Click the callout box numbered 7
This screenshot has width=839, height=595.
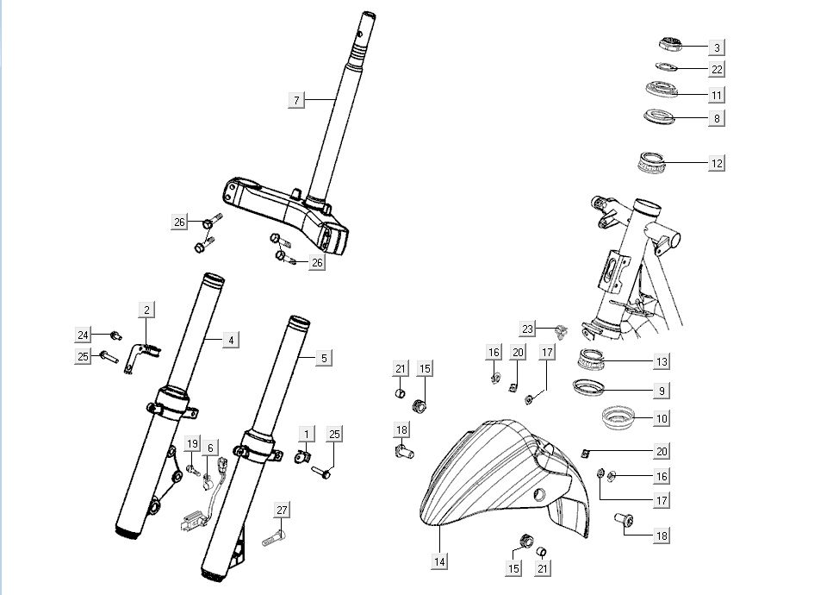296,101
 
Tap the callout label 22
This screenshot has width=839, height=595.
717,69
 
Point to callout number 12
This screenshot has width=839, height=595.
717,162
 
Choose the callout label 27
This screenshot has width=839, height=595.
282,510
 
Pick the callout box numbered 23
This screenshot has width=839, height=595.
527,329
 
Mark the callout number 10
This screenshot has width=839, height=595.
662,418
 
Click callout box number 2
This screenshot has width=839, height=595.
146,310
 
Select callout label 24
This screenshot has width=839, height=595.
83,335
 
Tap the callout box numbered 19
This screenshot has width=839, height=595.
192,443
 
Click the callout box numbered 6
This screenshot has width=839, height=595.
209,448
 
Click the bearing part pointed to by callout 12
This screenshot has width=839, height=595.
652,160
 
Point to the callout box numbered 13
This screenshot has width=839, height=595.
662,362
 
